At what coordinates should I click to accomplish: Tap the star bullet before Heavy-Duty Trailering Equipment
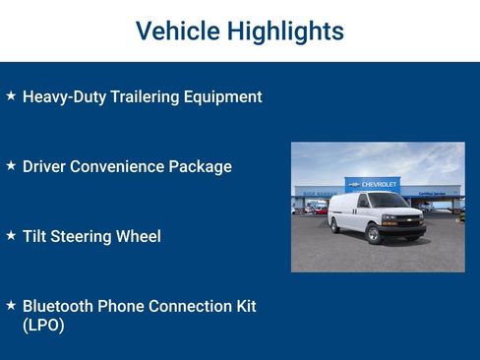[x=11, y=96]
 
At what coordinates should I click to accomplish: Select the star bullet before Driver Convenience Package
[x=11, y=166]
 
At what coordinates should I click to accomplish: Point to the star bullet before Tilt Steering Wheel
[x=11, y=236]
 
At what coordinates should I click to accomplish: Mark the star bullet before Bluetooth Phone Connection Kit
[x=11, y=306]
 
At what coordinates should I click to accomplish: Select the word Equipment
[x=226, y=97]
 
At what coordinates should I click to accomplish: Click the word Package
[x=202, y=167]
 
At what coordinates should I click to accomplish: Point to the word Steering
[x=85, y=237]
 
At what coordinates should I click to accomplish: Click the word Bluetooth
[x=59, y=307]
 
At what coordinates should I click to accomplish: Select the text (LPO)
[x=43, y=326]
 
